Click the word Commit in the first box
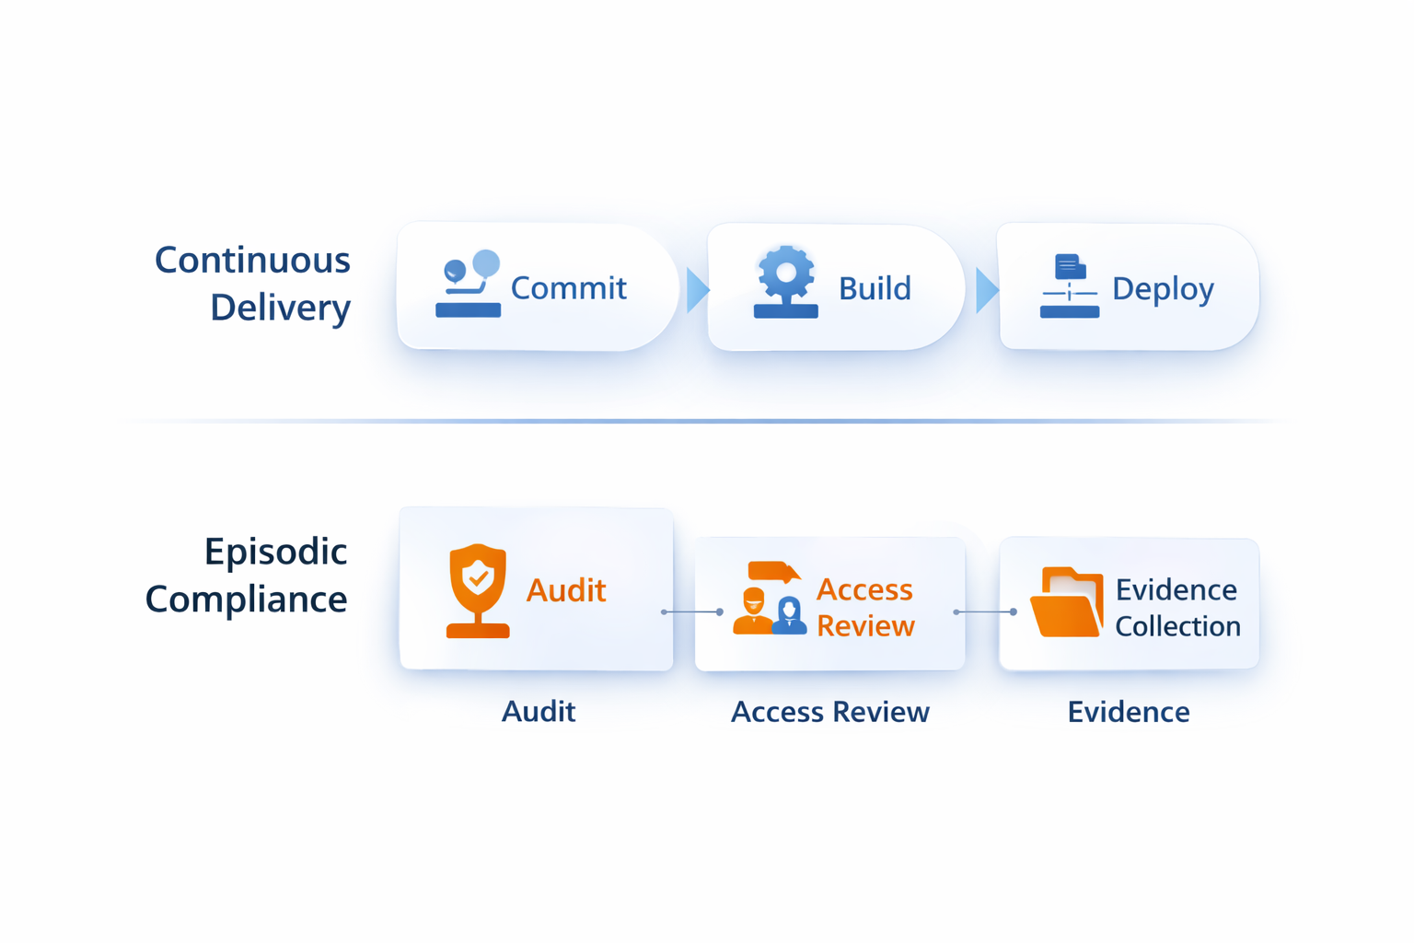pos(568,288)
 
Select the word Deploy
pos(1163,289)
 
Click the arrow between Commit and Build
pos(697,290)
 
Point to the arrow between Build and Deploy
pos(986,290)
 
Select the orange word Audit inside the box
pos(565,590)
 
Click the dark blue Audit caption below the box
pos(539,712)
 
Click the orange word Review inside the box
pos(865,626)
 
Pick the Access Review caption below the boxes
pos(829,712)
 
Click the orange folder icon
pos(1067,603)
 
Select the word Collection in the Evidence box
pos(1177,627)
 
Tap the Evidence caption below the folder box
pos(1128,712)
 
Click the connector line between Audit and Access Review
pos(691,611)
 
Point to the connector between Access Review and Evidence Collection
pos(985,611)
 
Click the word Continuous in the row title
pos(252,261)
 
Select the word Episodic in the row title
pos(275,553)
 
